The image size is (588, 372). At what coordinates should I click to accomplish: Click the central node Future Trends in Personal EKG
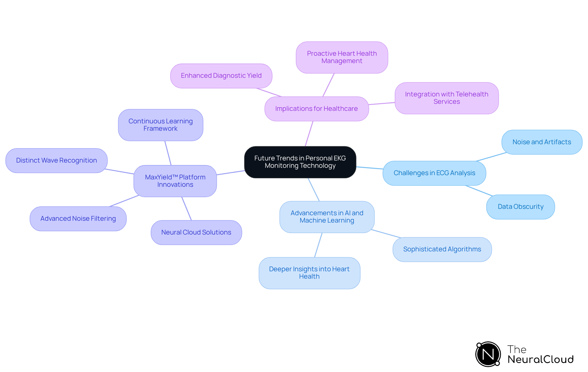[x=300, y=162]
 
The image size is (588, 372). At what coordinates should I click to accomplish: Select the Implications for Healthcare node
[x=316, y=109]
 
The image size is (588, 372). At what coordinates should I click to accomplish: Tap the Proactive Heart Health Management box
[x=342, y=57]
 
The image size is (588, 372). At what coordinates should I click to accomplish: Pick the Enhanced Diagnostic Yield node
[x=221, y=76]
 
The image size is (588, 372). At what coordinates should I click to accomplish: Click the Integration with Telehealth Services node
[x=447, y=98]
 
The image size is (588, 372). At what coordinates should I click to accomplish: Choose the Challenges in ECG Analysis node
[x=434, y=173]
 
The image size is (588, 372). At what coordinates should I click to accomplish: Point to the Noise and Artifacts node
[x=541, y=142]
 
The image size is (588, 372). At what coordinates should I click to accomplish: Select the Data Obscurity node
[x=520, y=207]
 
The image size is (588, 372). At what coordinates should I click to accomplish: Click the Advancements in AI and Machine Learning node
[x=327, y=217]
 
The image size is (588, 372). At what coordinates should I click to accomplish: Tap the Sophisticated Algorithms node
[x=442, y=249]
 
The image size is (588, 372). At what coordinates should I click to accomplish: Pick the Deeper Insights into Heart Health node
[x=309, y=273]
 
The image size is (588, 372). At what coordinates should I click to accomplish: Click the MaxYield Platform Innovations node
[x=175, y=181]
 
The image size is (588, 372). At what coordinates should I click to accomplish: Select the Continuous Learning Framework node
[x=160, y=125]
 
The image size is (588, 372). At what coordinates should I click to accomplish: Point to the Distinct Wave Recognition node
[x=56, y=160]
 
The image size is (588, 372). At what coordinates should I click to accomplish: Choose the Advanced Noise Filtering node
[x=78, y=219]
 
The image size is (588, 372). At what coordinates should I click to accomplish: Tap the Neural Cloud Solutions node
[x=196, y=232]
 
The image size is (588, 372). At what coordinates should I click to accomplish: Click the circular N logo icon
[x=488, y=354]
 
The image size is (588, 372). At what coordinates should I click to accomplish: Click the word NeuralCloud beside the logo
[x=541, y=359]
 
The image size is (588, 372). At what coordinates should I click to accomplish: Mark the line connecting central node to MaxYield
[x=231, y=173]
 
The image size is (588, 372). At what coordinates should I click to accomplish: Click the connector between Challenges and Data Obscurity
[x=479, y=190]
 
